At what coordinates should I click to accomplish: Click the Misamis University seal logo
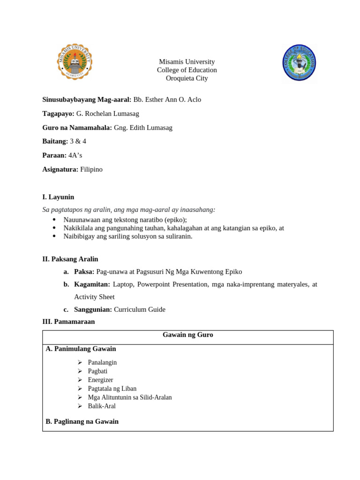(75, 61)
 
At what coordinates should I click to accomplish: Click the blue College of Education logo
(299, 63)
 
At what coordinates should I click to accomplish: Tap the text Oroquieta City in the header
(187, 78)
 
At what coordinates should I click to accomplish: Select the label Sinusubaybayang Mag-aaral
(87, 99)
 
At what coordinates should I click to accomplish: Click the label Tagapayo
(58, 113)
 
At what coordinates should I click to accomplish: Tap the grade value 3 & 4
(78, 141)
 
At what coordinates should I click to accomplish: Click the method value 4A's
(75, 155)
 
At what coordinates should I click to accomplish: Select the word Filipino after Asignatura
(91, 169)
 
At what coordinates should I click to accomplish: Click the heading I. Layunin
(58, 197)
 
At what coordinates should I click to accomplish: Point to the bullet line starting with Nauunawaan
(125, 220)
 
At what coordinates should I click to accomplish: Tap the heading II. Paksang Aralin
(70, 259)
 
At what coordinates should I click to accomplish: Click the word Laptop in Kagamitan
(123, 284)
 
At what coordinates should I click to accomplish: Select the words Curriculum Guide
(140, 309)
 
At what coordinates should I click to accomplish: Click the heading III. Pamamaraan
(68, 322)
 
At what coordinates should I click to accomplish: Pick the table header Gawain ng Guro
(187, 335)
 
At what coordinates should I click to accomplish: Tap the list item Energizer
(100, 380)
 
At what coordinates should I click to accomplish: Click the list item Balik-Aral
(102, 406)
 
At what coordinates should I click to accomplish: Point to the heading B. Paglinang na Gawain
(82, 421)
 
